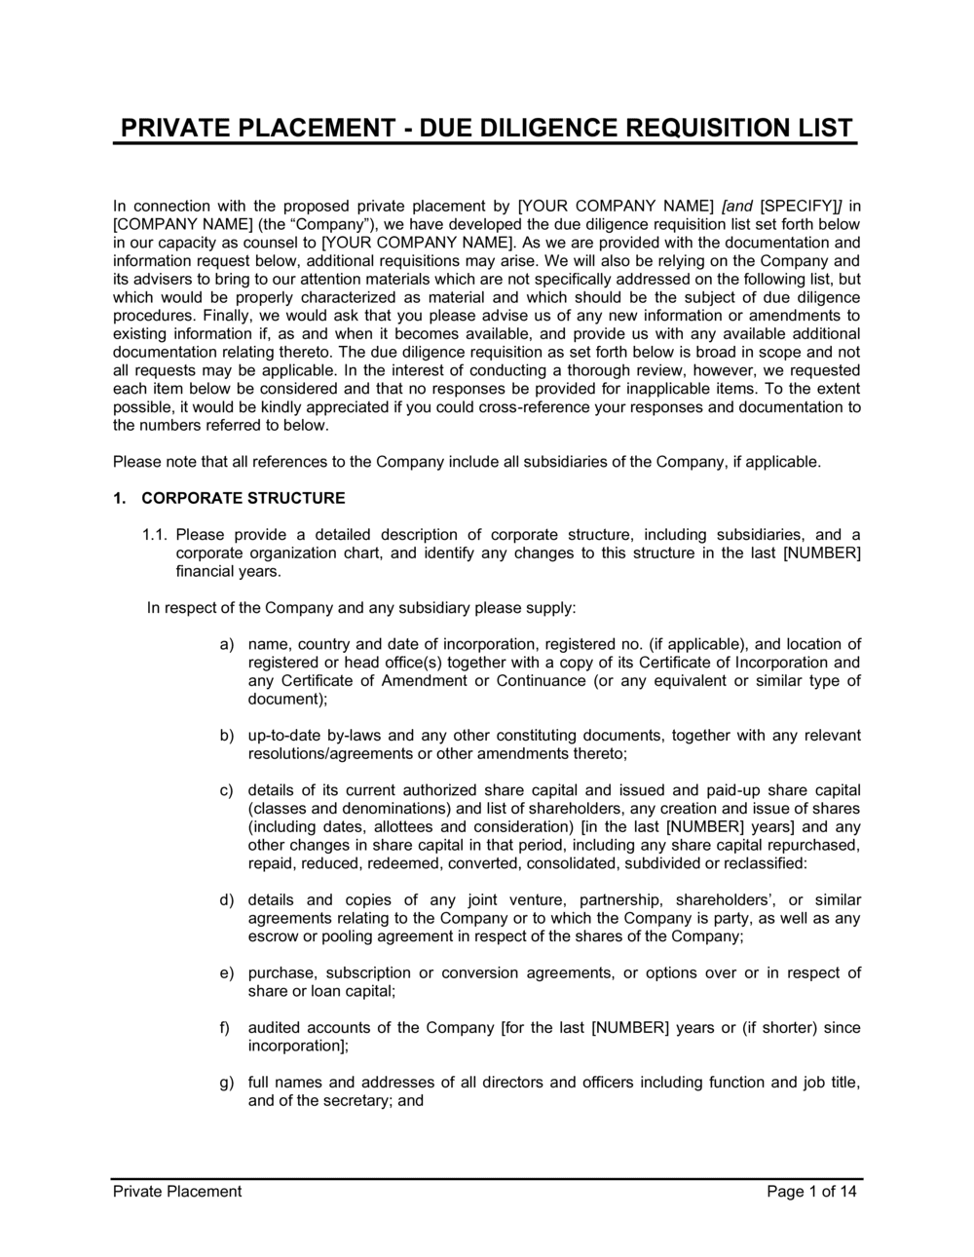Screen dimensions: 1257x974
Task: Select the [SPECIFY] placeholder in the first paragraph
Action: point(802,206)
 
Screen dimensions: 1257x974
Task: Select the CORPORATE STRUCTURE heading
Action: point(243,498)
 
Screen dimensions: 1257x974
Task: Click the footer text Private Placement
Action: point(176,1191)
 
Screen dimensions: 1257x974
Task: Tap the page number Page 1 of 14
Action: point(811,1191)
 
